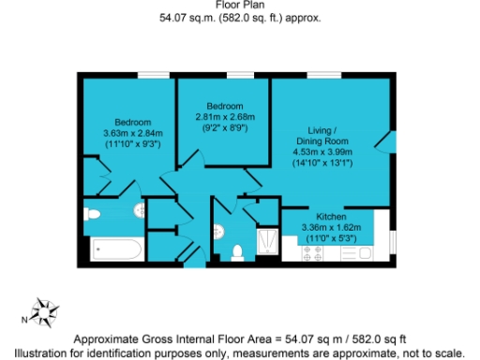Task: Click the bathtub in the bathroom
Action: click(117, 250)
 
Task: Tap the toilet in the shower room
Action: click(237, 250)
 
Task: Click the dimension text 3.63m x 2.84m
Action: click(127, 133)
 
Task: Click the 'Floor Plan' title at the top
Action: click(239, 5)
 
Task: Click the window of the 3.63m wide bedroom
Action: click(150, 74)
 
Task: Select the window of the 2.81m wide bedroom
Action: click(240, 74)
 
